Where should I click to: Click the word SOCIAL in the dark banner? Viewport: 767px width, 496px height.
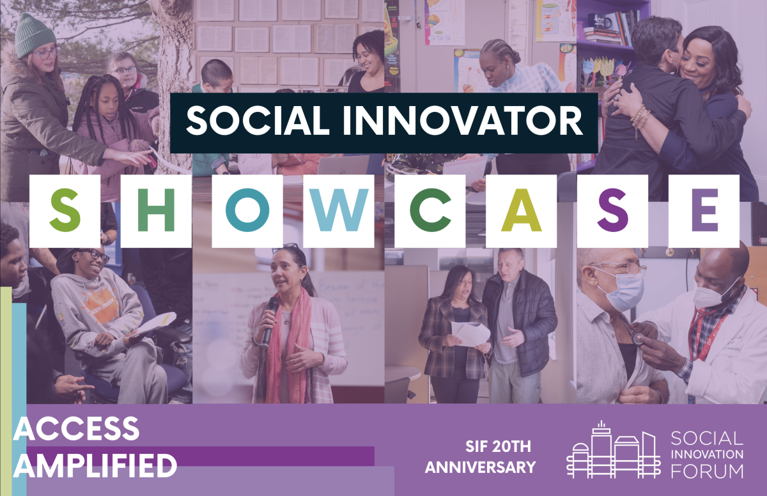(258, 121)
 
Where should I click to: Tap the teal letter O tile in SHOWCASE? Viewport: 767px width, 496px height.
(247, 211)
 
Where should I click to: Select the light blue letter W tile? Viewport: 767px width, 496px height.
(339, 211)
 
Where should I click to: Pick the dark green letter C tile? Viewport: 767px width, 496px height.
(430, 211)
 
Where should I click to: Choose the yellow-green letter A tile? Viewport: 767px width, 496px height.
(521, 211)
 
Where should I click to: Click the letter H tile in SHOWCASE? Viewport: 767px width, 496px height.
(156, 211)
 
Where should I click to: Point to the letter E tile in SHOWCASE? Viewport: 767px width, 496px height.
(704, 211)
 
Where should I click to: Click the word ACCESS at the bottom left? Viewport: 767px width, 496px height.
(76, 428)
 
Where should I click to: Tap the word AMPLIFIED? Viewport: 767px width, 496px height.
(95, 465)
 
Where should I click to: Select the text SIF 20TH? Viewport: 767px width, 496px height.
(498, 446)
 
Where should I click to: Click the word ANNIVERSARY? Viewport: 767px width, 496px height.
(481, 467)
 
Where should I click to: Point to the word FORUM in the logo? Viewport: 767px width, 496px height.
(707, 471)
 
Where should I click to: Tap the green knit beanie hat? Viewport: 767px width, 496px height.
(35, 35)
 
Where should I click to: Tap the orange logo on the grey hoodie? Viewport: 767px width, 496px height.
(100, 305)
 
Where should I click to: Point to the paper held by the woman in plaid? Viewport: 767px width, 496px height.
(470, 334)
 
